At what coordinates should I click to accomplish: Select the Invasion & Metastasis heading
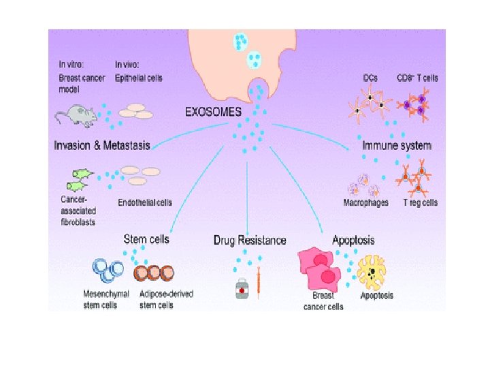click(x=102, y=144)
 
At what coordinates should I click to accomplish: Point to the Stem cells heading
click(x=146, y=239)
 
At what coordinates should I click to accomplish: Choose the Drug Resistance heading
click(x=250, y=240)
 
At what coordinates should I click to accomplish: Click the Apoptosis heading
click(x=353, y=240)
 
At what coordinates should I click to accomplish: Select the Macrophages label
click(x=367, y=202)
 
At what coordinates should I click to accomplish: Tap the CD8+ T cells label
click(x=417, y=78)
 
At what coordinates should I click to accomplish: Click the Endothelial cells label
click(x=145, y=202)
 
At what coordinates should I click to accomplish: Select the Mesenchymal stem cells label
click(x=99, y=300)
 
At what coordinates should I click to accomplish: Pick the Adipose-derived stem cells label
click(x=166, y=300)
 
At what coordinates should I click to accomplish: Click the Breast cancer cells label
click(x=323, y=301)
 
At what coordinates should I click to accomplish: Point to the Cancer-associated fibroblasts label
click(x=76, y=211)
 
